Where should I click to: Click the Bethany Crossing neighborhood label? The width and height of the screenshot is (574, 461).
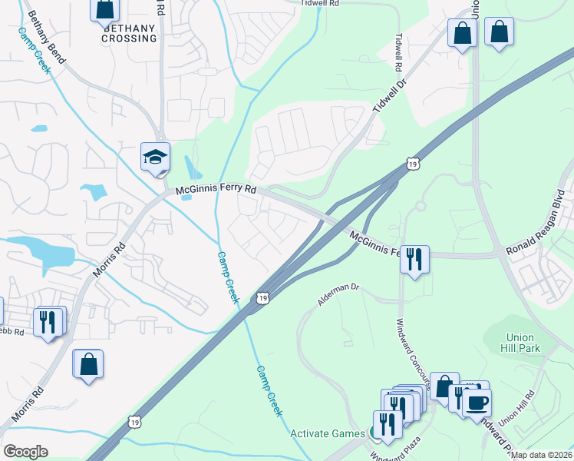(128, 33)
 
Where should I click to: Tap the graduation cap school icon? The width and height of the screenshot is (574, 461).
(154, 157)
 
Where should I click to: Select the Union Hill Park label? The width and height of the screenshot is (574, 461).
(523, 343)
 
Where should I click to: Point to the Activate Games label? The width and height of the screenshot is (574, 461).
(328, 433)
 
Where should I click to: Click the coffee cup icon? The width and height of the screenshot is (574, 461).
(477, 402)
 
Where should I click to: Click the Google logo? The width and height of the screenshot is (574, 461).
(25, 452)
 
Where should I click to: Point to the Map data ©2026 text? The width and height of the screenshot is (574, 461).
(542, 455)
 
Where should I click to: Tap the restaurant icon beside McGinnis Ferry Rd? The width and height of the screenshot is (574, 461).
(414, 259)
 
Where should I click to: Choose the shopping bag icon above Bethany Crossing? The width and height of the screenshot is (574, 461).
(105, 9)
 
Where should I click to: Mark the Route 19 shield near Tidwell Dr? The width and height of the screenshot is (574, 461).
(414, 164)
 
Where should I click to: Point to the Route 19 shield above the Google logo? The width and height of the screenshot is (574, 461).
(135, 421)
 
